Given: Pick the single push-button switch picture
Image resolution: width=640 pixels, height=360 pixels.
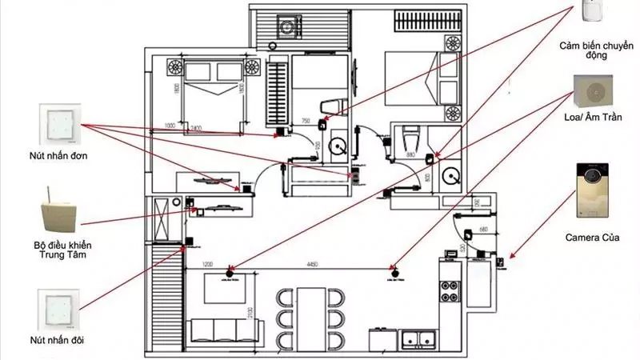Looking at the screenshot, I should tap(60, 123).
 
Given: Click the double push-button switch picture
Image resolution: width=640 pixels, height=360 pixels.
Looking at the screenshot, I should tap(59, 311).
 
